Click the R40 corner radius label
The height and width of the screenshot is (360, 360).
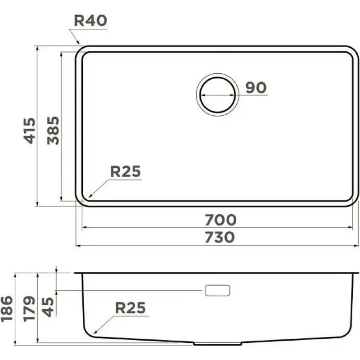90,21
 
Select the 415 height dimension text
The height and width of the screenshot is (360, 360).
30,130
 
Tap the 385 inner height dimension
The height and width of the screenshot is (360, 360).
53,130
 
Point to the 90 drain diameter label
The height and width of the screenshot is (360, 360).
256,87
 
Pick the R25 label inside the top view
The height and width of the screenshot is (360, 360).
126,171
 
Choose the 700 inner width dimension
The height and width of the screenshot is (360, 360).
220,220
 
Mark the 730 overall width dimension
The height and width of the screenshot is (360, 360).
220,237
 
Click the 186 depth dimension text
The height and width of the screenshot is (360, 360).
6,309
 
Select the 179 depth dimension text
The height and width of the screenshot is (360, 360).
29,309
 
